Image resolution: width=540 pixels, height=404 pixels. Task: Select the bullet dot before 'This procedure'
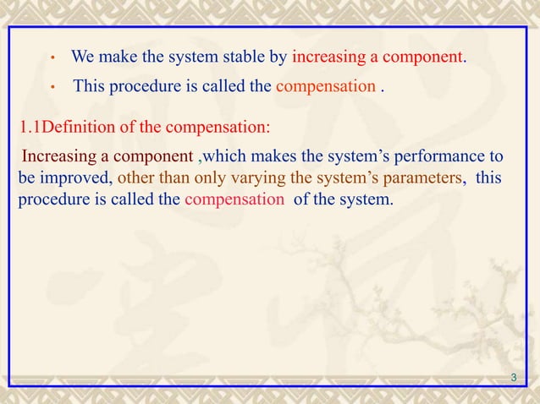[x=52, y=88]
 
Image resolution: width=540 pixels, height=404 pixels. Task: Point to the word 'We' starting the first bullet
[x=82, y=58]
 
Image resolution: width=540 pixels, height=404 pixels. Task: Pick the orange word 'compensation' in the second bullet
[x=326, y=85]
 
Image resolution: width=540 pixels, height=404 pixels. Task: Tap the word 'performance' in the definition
[x=441, y=156]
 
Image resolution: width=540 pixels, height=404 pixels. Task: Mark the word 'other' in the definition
[x=135, y=179]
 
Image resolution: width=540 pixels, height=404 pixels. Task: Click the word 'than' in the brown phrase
[x=173, y=179]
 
